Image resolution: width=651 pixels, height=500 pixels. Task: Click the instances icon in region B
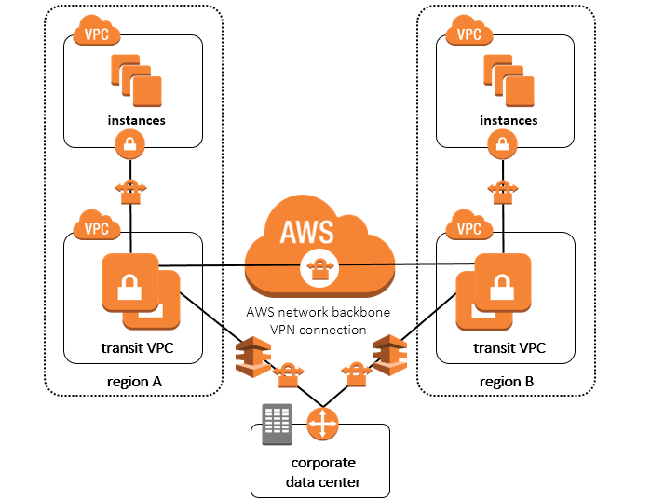click(x=508, y=79)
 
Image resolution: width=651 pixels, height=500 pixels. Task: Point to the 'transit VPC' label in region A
click(x=138, y=348)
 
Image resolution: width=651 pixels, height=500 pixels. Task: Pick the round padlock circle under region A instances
click(x=130, y=143)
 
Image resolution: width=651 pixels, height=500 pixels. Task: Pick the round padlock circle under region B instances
click(x=503, y=143)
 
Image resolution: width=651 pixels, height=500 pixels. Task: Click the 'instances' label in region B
click(x=508, y=120)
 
